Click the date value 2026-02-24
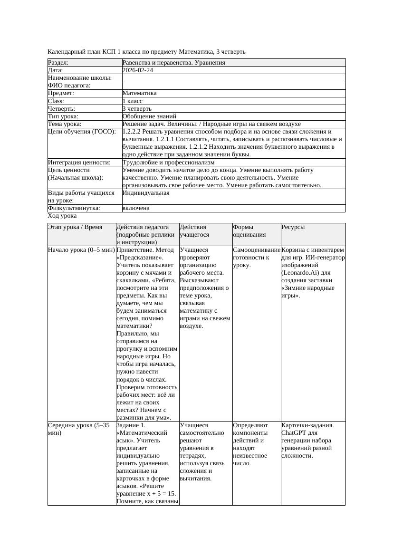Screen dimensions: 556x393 pos(138,70)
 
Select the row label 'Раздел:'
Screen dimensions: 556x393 pos(58,63)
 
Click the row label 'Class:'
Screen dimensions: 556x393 pos(56,101)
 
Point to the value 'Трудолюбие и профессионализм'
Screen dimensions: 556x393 pos(168,162)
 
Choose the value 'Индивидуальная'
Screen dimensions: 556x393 pos(145,193)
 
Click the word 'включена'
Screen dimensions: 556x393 pos(136,208)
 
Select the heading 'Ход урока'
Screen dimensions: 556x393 pos(62,216)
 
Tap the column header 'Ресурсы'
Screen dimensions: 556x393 pos(293,227)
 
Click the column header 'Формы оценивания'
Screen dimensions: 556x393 pos(249,231)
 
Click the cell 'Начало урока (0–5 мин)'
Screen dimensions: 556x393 pos(81,249)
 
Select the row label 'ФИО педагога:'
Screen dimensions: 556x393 pos(69,86)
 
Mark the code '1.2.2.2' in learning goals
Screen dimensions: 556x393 pos(133,132)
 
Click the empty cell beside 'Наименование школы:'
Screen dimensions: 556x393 pos(233,78)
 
